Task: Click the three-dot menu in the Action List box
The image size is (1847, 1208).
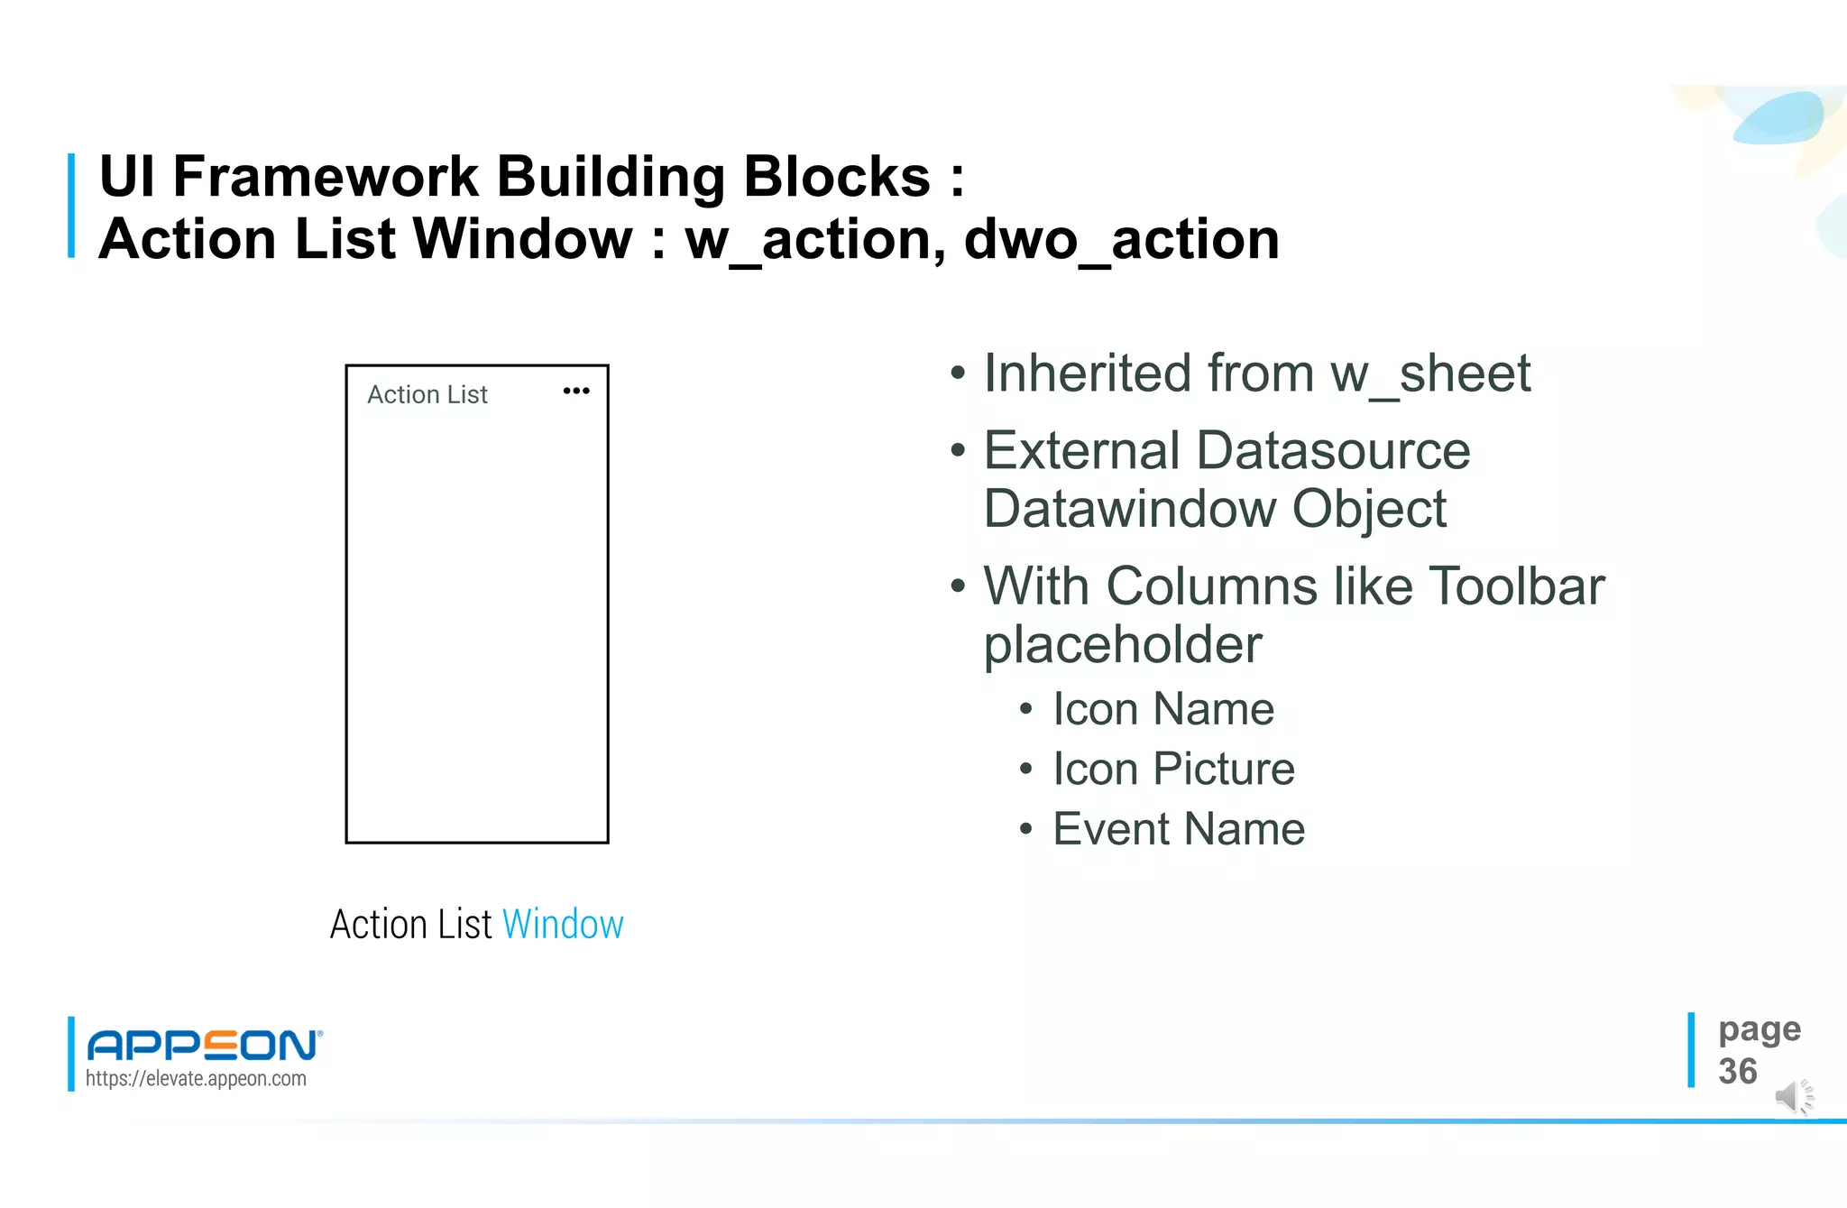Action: pyautogui.click(x=576, y=391)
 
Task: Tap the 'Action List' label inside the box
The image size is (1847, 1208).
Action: pyautogui.click(x=427, y=394)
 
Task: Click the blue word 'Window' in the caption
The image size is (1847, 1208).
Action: pyautogui.click(x=563, y=925)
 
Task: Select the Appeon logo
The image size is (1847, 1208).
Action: pyautogui.click(x=204, y=1045)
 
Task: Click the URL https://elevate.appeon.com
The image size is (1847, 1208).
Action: pyautogui.click(x=196, y=1078)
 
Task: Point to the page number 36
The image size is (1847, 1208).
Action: pyautogui.click(x=1738, y=1072)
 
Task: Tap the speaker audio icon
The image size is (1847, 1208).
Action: pyautogui.click(x=1793, y=1097)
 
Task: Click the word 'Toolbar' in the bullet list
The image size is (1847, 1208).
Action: pyautogui.click(x=1517, y=586)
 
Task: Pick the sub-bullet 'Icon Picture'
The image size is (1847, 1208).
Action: pyautogui.click(x=1173, y=770)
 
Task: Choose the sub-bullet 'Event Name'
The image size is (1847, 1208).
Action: pyautogui.click(x=1179, y=829)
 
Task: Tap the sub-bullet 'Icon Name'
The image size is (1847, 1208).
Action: pyautogui.click(x=1163, y=709)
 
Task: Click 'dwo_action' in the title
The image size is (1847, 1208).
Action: pyautogui.click(x=1122, y=240)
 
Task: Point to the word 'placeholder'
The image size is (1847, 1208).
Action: pyautogui.click(x=1123, y=645)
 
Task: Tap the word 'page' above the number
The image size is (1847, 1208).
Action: pyautogui.click(x=1759, y=1029)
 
